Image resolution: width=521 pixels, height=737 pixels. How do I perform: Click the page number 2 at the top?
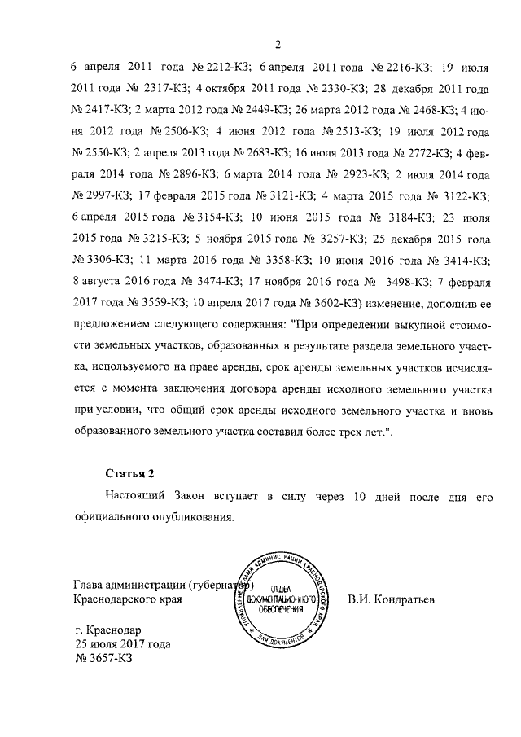pos(278,44)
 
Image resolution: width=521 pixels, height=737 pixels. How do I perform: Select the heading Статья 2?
pos(129,473)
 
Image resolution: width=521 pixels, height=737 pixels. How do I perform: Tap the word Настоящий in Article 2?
pos(137,495)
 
